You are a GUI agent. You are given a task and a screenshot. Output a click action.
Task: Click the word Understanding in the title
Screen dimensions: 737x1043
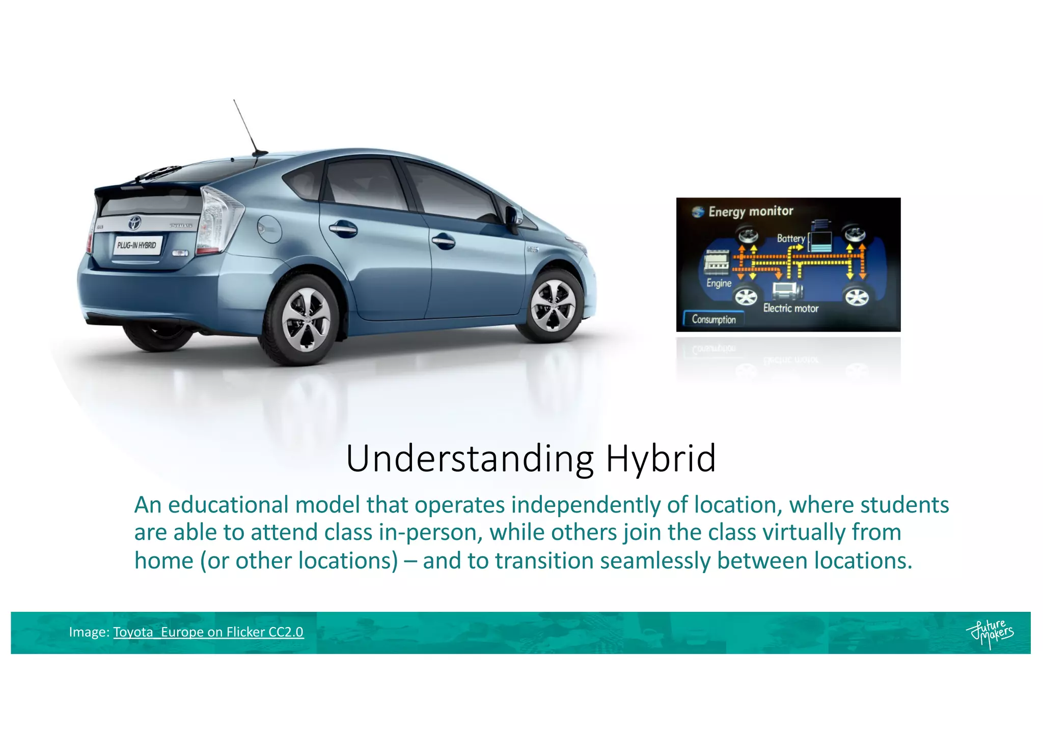[x=470, y=459]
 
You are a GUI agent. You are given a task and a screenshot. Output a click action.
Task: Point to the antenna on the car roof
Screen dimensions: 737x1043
[x=246, y=127]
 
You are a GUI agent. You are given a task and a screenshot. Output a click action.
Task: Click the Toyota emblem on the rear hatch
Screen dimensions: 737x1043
[x=134, y=222]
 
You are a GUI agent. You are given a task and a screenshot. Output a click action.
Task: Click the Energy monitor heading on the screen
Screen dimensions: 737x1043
[x=750, y=211]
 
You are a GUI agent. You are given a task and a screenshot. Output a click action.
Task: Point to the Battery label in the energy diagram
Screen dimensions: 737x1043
[x=790, y=238]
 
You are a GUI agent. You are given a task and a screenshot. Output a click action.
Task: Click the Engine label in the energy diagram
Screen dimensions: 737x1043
[x=719, y=283]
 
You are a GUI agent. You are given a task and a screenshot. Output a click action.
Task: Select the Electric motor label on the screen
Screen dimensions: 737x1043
[x=790, y=308]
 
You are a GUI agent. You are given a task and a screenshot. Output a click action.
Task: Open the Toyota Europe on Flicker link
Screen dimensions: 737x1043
[x=208, y=632]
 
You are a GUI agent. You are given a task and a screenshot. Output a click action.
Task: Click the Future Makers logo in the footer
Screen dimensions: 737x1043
[x=990, y=633]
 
